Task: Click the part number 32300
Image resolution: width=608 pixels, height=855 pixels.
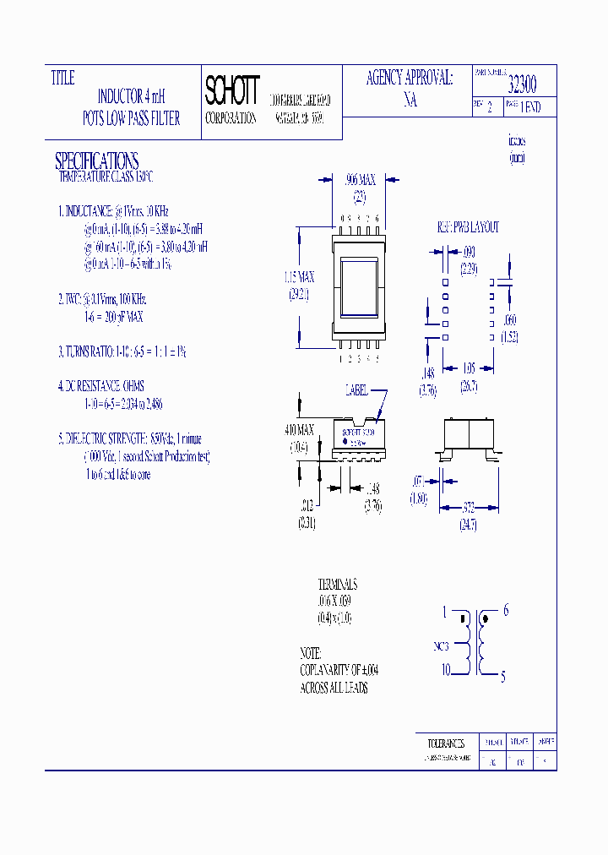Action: pyautogui.click(x=521, y=84)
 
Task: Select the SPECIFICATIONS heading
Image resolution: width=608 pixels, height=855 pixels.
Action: pyautogui.click(x=96, y=161)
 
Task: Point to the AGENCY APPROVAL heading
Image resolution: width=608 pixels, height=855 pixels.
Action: pyautogui.click(x=409, y=79)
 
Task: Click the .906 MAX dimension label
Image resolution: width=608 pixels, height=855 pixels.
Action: pyautogui.click(x=361, y=180)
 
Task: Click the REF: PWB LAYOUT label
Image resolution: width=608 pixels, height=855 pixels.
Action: pyautogui.click(x=468, y=227)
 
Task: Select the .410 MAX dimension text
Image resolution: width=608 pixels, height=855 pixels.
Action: pyautogui.click(x=298, y=430)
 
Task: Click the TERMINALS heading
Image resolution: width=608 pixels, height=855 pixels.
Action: pyautogui.click(x=337, y=585)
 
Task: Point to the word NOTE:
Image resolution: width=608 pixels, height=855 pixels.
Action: pyautogui.click(x=310, y=654)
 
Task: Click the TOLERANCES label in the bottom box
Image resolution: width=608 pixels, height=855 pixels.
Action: pyautogui.click(x=446, y=743)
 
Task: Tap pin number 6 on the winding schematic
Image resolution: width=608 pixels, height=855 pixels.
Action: pyautogui.click(x=505, y=611)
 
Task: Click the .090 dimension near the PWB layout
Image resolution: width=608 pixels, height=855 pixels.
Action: pyautogui.click(x=469, y=252)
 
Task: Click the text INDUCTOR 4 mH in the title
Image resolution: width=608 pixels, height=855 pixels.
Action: pyautogui.click(x=132, y=97)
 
